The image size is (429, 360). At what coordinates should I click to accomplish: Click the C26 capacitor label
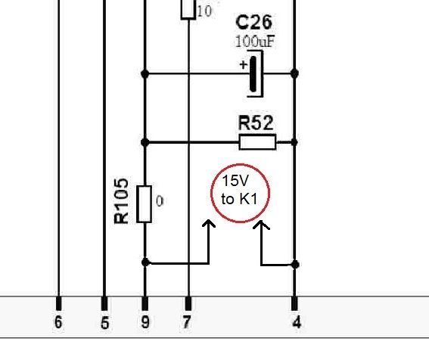pos(253,23)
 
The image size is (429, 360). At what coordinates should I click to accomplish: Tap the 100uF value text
pos(255,42)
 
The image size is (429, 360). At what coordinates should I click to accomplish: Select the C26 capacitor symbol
pos(255,74)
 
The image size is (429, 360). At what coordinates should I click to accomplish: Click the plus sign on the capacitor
pos(243,65)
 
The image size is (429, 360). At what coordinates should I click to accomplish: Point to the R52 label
pos(256,123)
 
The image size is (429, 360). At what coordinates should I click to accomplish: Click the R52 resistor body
pos(257,142)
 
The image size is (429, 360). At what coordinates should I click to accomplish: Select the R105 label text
pos(121,201)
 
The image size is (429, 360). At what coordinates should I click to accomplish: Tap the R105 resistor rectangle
pos(145,204)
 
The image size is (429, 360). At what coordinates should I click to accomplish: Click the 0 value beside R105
pos(160,201)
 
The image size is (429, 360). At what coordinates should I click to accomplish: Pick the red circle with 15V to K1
pos(240,164)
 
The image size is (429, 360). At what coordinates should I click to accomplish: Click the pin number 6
pos(58,322)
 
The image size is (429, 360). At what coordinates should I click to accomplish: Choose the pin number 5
pos(104,323)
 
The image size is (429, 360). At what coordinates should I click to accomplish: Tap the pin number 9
pos(145,322)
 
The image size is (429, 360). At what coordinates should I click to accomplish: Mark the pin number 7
pos(187,322)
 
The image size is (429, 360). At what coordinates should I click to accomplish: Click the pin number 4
pos(297,322)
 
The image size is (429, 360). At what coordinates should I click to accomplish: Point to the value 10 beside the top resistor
pos(204,11)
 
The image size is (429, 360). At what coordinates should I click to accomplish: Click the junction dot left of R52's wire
pos(145,142)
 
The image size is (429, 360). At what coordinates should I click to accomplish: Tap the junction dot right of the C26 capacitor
pos(294,73)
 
